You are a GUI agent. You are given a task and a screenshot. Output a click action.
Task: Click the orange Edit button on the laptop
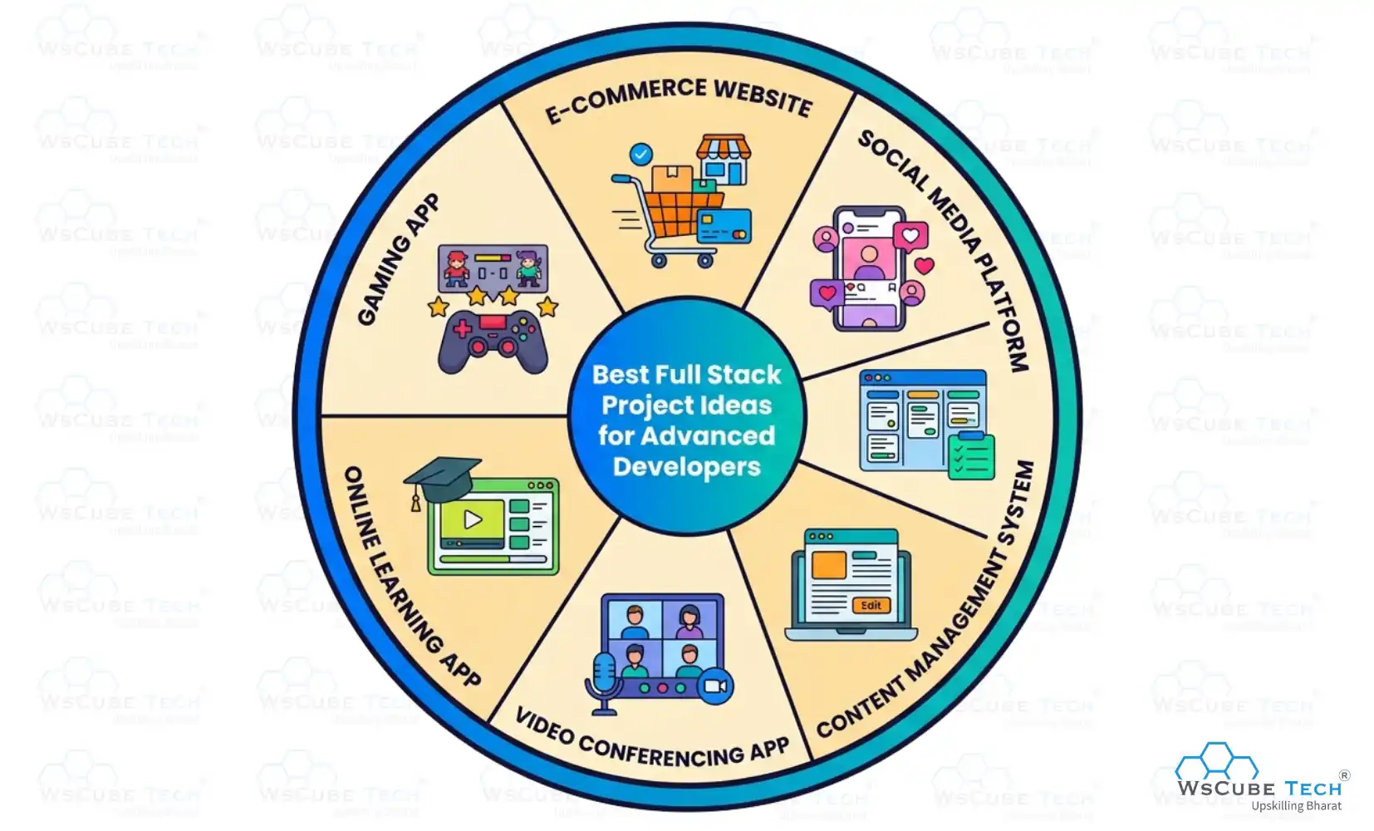[x=871, y=605]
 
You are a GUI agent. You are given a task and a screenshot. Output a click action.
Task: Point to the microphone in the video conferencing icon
[x=603, y=677]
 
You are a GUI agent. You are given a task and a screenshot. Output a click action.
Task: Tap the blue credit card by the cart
[x=724, y=225]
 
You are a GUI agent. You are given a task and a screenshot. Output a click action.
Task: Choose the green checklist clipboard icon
[x=971, y=455]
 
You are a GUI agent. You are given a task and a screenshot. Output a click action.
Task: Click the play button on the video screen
[x=473, y=519]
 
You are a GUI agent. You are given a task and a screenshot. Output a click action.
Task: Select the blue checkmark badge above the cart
[x=640, y=154]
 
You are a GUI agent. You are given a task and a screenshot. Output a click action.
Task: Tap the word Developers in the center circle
[x=686, y=467]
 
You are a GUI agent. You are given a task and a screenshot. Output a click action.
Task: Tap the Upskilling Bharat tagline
[x=1296, y=806]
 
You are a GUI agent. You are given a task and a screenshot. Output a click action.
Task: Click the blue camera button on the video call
[x=714, y=686]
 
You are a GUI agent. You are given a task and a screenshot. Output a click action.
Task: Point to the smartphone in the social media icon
[x=870, y=268]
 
